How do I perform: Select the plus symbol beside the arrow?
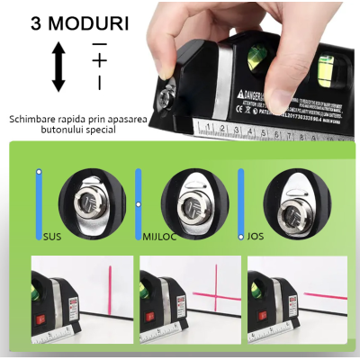[x=99, y=61]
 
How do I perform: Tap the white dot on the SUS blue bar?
[x=39, y=171]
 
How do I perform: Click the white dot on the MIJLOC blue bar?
[x=138, y=204]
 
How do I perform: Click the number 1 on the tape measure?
[x=207, y=127]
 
